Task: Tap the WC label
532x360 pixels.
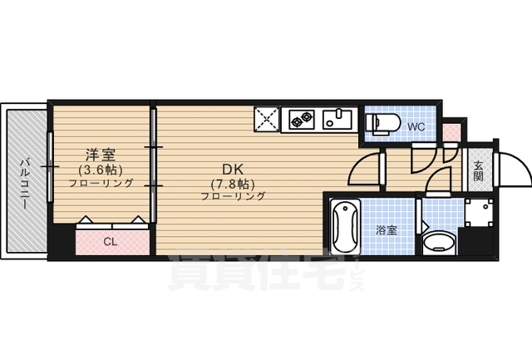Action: point(416,127)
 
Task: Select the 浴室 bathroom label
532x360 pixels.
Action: point(386,229)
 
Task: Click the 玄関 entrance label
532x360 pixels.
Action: point(479,170)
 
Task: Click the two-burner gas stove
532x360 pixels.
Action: point(300,121)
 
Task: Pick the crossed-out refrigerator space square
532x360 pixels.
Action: point(268,120)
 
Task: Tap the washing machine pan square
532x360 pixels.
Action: point(477,213)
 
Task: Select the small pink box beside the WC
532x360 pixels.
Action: point(451,131)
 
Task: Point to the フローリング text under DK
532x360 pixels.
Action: point(233,197)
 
